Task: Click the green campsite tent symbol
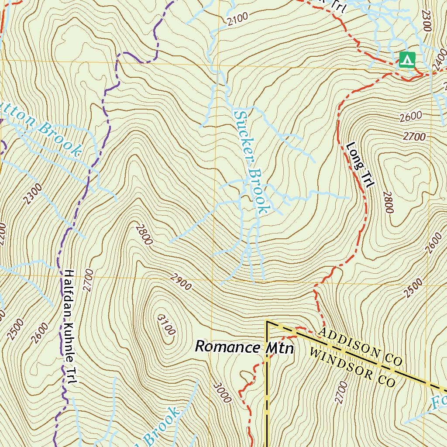pos(407,59)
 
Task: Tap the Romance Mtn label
pos(244,347)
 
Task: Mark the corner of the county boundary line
pos(267,322)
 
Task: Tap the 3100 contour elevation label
pos(166,324)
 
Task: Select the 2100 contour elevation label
pos(237,19)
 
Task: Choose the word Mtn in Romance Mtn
pos(280,348)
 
